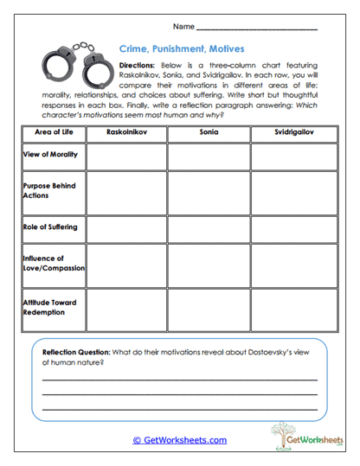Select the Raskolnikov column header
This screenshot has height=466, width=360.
pos(125,134)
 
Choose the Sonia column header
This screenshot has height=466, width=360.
pos(209,134)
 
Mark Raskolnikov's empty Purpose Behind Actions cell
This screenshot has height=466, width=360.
pos(125,191)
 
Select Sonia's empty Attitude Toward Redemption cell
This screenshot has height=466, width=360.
pos(209,308)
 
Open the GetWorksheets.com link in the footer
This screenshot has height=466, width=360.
pos(179,439)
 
